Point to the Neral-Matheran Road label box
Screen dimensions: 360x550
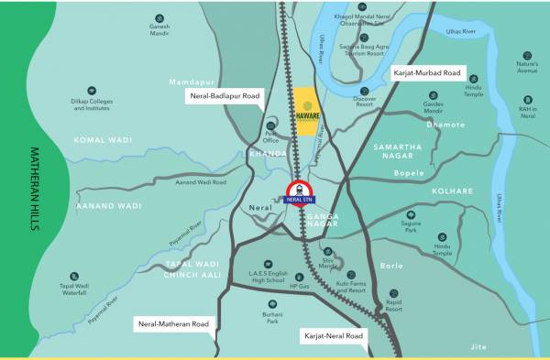(173, 323)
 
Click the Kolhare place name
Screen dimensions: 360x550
(452, 191)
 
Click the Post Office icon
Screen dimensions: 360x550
(269, 126)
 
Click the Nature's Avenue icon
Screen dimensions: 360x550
(527, 56)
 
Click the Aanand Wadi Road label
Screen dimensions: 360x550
(200, 182)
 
